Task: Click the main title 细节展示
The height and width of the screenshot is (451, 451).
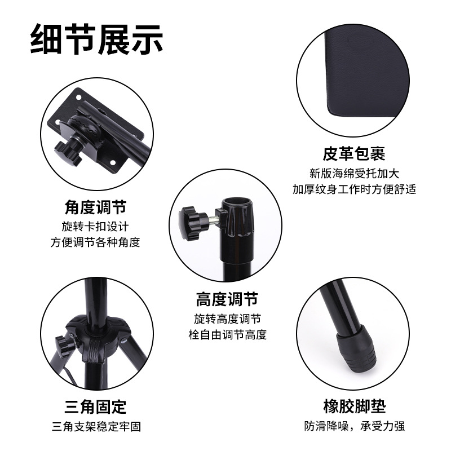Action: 96,38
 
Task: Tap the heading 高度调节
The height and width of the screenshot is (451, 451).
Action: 227,298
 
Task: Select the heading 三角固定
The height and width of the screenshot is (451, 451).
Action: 95,406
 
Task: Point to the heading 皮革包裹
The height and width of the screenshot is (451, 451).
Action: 354,153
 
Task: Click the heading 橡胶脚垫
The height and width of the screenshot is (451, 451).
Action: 354,406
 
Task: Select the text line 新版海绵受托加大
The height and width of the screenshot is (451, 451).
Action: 354,173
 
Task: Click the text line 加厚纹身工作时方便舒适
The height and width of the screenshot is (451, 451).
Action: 354,189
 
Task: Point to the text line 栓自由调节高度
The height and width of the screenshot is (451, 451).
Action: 227,335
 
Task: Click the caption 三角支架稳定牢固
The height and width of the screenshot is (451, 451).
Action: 95,426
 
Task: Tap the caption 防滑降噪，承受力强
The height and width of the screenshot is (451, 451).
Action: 354,426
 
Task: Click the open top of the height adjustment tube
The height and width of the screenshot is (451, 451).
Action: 238,201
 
